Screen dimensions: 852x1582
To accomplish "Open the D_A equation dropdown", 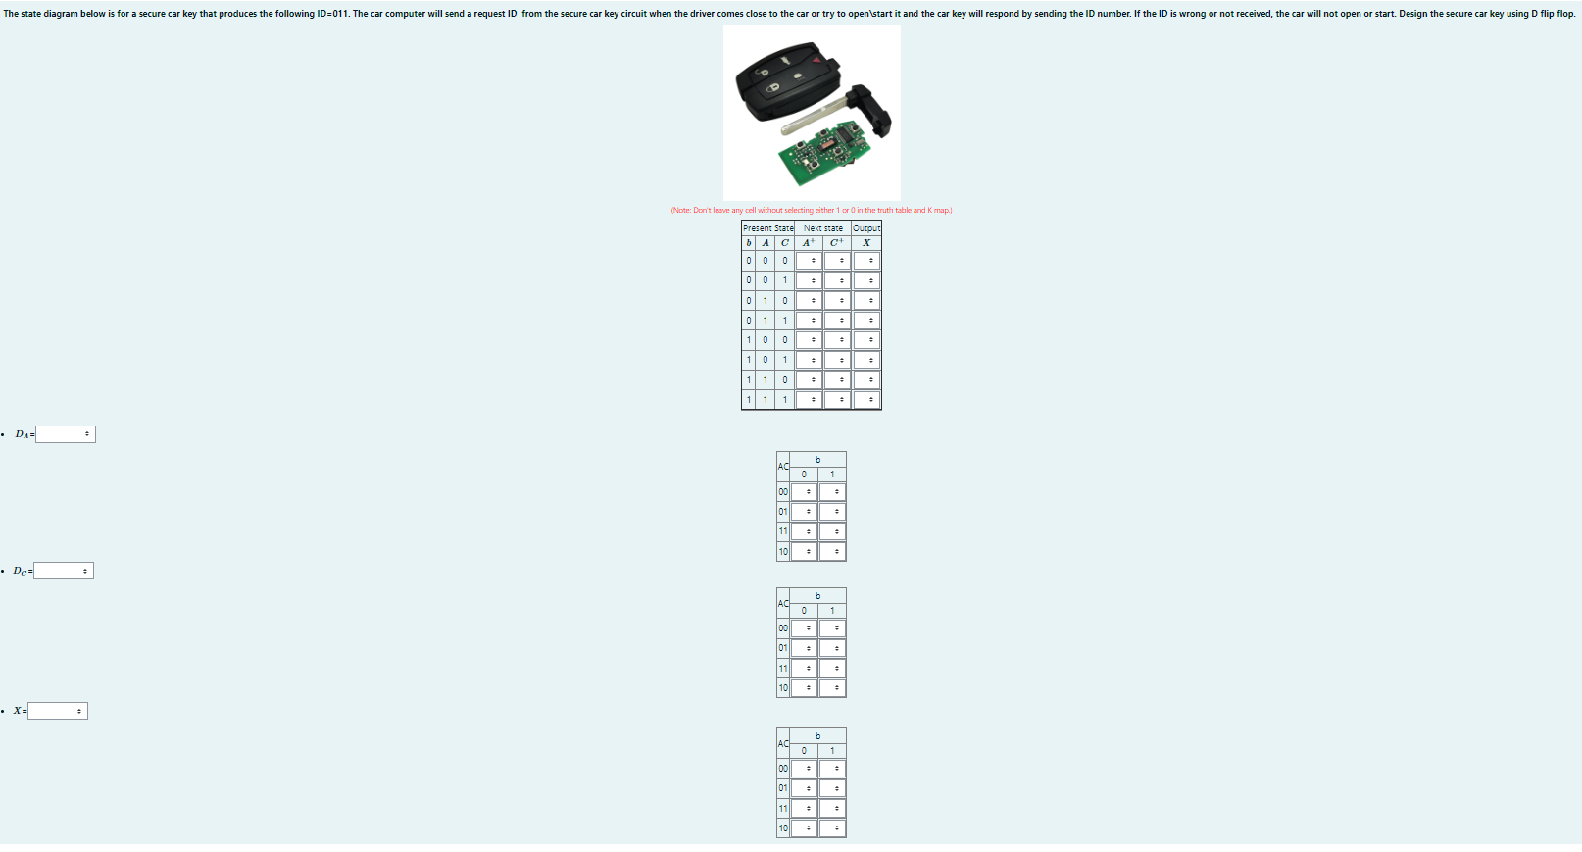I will click(x=66, y=434).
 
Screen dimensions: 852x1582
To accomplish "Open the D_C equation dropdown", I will click(x=64, y=571).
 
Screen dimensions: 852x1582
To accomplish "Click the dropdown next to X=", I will click(x=58, y=711).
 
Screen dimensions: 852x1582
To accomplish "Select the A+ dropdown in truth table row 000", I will click(x=809, y=261).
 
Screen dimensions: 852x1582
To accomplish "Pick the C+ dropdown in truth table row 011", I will click(x=837, y=321).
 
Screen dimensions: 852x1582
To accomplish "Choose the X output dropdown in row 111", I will click(x=866, y=400).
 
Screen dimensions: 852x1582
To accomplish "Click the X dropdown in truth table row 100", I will click(x=866, y=340).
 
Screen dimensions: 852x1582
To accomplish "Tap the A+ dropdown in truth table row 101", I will click(x=809, y=360).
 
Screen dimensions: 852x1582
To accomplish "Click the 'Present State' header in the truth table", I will click(x=767, y=228).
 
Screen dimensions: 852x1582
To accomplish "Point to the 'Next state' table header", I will click(x=822, y=228).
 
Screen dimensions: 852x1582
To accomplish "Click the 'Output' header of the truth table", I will click(x=866, y=228).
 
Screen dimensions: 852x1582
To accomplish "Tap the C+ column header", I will click(x=836, y=243).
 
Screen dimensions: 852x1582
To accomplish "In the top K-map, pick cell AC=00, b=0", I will click(x=805, y=492).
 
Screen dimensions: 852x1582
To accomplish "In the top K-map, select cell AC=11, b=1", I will click(x=833, y=531).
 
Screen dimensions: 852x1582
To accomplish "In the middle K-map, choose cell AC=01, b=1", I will click(x=833, y=648).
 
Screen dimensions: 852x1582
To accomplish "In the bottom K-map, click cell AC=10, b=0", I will click(x=805, y=828).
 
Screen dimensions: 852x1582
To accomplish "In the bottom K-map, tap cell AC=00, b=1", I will click(x=833, y=769).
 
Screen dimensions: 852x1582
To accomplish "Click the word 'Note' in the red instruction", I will click(x=681, y=211).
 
